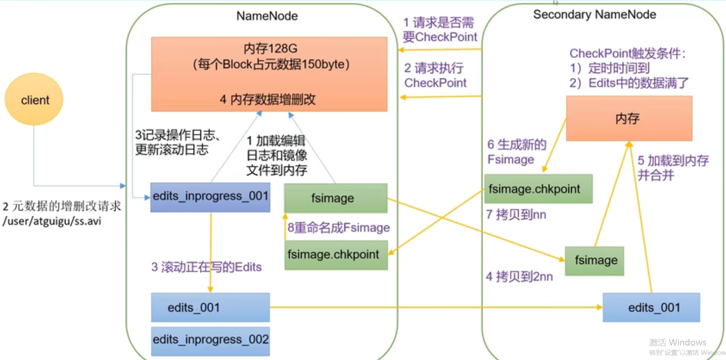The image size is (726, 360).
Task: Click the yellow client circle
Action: (34, 99)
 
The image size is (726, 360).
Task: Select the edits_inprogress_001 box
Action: (210, 197)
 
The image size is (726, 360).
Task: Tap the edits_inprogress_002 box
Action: (210, 340)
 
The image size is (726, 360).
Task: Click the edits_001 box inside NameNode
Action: (210, 308)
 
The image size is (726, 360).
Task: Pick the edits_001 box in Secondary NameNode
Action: (651, 308)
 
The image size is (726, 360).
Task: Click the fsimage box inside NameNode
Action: (336, 198)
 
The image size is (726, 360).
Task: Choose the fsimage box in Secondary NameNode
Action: (595, 261)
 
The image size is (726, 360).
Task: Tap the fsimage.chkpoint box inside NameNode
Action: (336, 255)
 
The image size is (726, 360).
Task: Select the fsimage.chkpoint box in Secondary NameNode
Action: (538, 189)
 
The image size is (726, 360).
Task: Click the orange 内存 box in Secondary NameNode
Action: (629, 119)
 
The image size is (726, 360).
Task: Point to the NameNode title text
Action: (267, 16)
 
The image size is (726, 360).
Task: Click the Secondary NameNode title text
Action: (595, 15)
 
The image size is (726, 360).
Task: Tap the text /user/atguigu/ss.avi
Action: (52, 221)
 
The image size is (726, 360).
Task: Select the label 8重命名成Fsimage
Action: (339, 228)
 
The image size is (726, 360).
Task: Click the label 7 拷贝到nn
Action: (516, 215)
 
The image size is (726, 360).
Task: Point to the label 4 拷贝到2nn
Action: (519, 277)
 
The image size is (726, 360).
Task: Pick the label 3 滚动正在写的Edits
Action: (206, 267)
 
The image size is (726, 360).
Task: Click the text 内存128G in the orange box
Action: (270, 49)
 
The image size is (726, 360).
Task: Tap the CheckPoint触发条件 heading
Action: (627, 54)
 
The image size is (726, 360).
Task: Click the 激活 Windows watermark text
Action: (677, 343)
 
